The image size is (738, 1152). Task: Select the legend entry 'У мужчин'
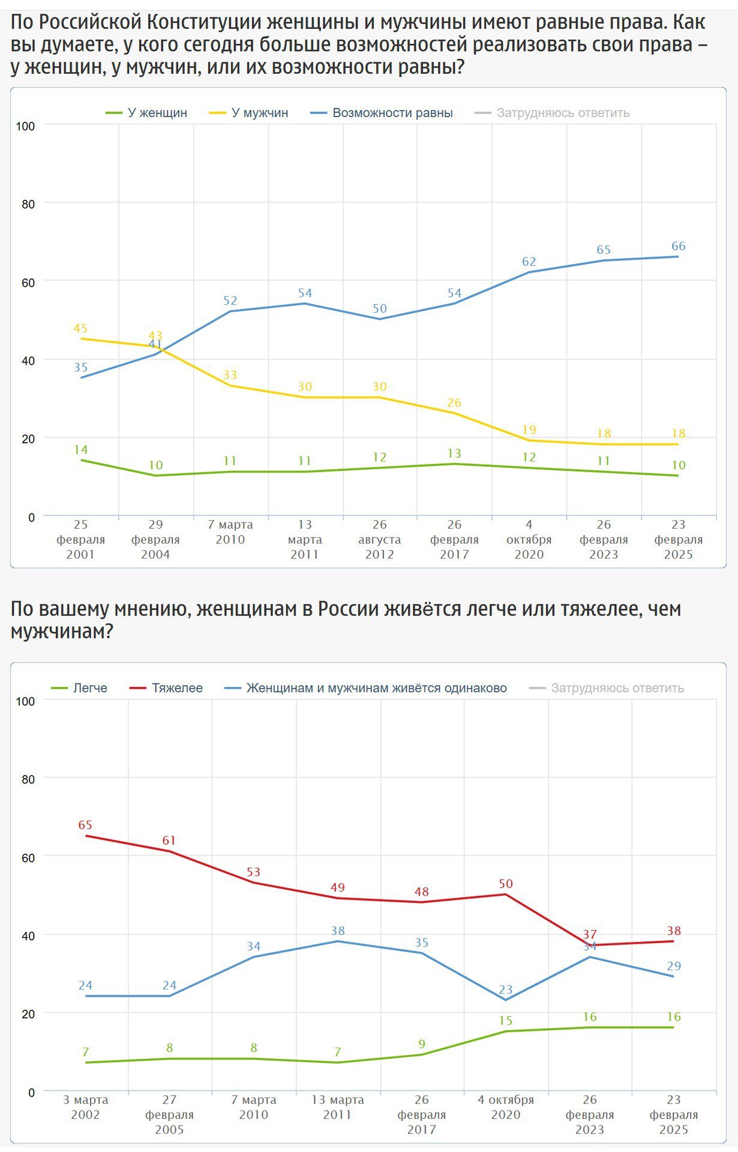coord(259,113)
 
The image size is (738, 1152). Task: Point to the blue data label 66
coord(678,246)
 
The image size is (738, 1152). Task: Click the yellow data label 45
coord(80,328)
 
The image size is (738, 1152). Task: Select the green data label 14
coord(80,449)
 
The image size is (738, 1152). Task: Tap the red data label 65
coord(85,825)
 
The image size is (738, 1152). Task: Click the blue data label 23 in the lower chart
coord(506,989)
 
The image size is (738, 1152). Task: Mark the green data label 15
coord(506,1021)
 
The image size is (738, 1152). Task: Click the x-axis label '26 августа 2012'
coord(379,539)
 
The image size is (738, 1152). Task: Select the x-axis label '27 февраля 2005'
coord(170,1114)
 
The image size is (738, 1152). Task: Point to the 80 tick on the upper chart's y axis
coord(28,204)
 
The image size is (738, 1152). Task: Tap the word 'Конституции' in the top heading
coord(203,23)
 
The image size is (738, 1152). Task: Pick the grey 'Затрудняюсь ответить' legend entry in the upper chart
coord(562,113)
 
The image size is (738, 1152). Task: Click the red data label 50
coord(506,883)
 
